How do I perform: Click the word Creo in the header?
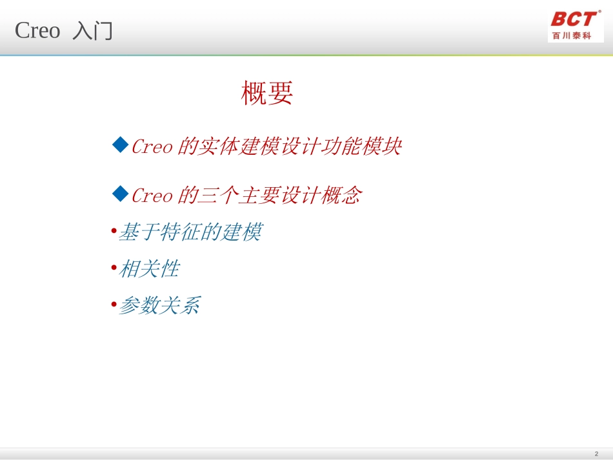[37, 30]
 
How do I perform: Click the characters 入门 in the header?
[92, 31]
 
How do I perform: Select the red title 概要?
[267, 94]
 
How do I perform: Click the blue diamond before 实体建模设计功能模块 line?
[121, 145]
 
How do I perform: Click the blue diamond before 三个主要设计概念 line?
[121, 194]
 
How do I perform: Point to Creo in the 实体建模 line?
[152, 147]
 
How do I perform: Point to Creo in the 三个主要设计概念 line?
[152, 196]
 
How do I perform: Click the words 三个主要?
[238, 196]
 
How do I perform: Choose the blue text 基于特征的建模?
[190, 232]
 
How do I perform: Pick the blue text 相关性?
[148, 269]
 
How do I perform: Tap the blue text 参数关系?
[159, 306]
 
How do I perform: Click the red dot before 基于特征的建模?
[114, 231]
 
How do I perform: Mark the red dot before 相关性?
[114, 268]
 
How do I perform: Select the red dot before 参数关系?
[114, 305]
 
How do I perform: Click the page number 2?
[596, 454]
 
